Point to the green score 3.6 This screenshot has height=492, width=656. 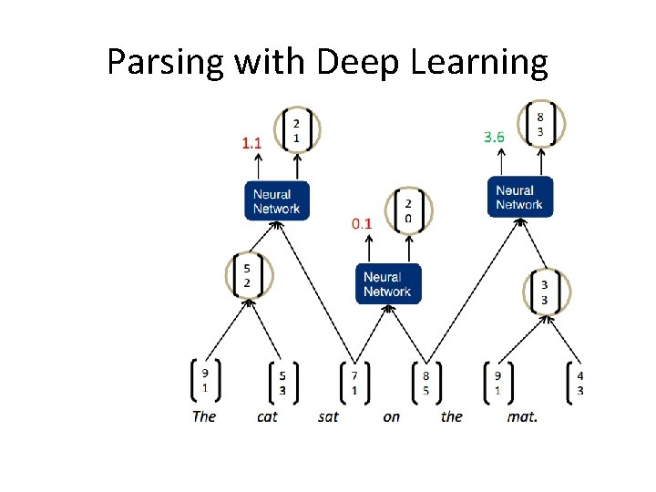[x=493, y=137]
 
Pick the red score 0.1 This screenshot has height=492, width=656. [x=363, y=222]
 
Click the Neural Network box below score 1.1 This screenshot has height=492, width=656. [x=276, y=200]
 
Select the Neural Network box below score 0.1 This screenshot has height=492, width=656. [x=388, y=283]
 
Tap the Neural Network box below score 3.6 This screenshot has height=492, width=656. [x=519, y=197]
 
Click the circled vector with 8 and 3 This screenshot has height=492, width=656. [x=541, y=124]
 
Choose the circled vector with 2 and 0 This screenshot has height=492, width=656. [x=408, y=210]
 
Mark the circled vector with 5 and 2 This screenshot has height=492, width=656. [x=247, y=275]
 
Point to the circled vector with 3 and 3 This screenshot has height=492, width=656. [x=544, y=292]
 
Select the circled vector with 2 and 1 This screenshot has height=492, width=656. [x=295, y=130]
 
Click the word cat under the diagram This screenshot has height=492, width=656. [x=267, y=416]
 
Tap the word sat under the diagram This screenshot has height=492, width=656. [x=329, y=416]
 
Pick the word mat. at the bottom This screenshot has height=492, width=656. [x=522, y=416]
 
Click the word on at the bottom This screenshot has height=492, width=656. [x=391, y=416]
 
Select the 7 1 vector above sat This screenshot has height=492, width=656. [x=354, y=382]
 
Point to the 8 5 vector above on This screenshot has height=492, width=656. [x=425, y=382]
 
